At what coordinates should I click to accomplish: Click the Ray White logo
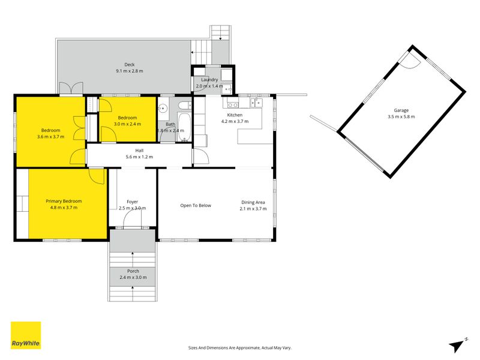pos(26,335)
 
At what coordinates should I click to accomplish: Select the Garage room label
pos(401,110)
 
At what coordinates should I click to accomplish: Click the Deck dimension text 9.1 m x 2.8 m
pos(129,71)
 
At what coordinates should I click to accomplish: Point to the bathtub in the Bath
pos(184,127)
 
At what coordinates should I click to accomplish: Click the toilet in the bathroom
pos(184,106)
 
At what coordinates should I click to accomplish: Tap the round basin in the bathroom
pos(163,108)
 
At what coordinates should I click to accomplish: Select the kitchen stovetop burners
pos(233,105)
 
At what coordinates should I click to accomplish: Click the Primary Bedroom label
pos(64,201)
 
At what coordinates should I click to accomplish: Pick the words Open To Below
pos(196,205)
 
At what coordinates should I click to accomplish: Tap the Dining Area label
pos(253,202)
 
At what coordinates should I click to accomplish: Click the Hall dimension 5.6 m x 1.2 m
pos(139,157)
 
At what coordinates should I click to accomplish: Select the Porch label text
pos(133,271)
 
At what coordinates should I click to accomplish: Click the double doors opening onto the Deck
pos(71,88)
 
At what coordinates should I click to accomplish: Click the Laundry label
pos(209,80)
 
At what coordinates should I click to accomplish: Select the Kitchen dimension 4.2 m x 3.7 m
pos(235,121)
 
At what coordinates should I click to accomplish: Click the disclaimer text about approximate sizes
pos(239,348)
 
